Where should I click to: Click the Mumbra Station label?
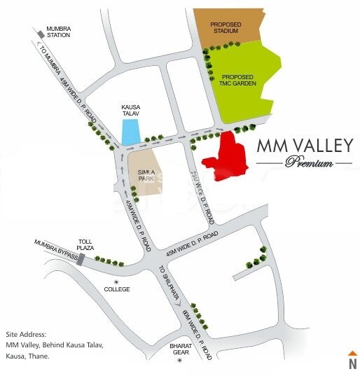pyautogui.click(x=59, y=31)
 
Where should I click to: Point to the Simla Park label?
pyautogui.click(x=145, y=176)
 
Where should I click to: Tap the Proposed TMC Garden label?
pyautogui.click(x=238, y=80)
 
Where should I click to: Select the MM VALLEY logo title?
pyautogui.click(x=304, y=146)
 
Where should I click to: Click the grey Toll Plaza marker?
pyautogui.click(x=82, y=260)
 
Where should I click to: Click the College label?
pyautogui.click(x=117, y=289)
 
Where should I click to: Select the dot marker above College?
pyautogui.click(x=117, y=280)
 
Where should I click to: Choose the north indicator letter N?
pyautogui.click(x=353, y=363)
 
